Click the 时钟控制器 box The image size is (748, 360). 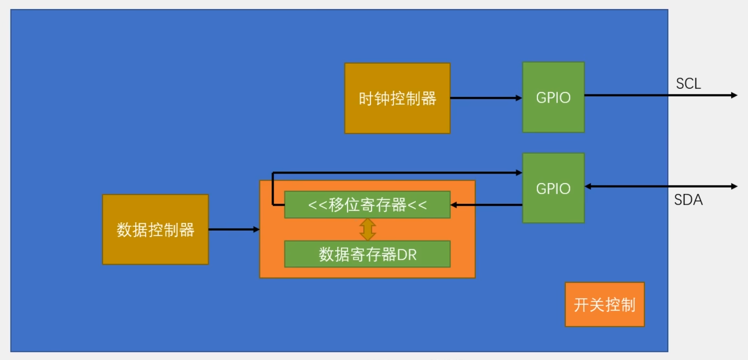[x=397, y=98]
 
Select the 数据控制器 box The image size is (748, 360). [x=155, y=230]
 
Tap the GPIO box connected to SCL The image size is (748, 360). [x=553, y=97]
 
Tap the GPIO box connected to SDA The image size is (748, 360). [x=553, y=188]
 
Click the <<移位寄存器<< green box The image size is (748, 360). [x=367, y=205]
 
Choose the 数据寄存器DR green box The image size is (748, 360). [x=367, y=254]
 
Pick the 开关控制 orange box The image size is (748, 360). [x=605, y=305]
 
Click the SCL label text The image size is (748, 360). [x=689, y=84]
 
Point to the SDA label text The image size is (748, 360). [x=689, y=200]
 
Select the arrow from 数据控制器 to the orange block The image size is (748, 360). [x=234, y=230]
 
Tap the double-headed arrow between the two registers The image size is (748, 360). [x=367, y=230]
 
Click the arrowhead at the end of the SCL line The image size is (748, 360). [x=734, y=95]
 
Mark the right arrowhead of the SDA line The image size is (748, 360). [x=734, y=186]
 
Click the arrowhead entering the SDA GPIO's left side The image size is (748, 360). [x=519, y=172]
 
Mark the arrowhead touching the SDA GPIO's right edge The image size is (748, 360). [x=588, y=186]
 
